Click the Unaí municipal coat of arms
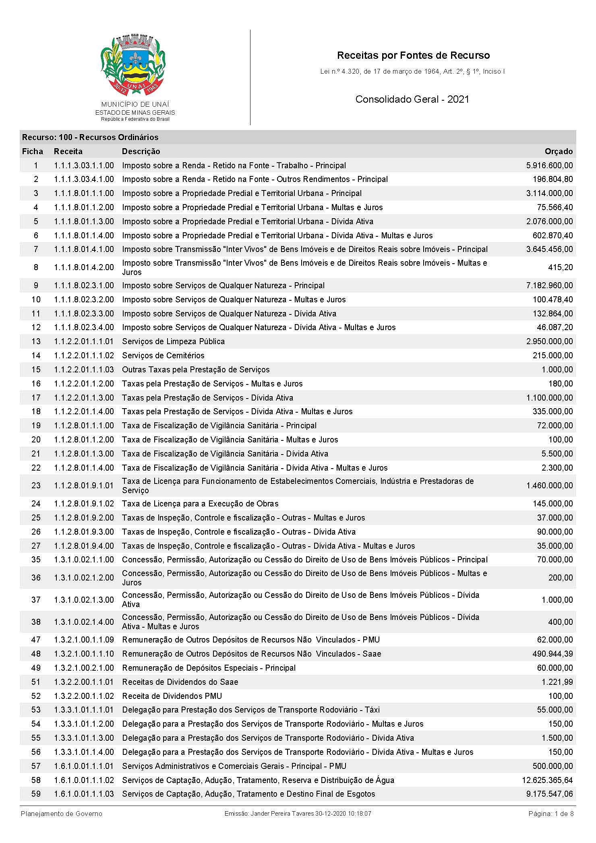[132, 64]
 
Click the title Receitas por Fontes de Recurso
[413, 55]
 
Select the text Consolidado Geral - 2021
[412, 99]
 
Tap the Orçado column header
[558, 151]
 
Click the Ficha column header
[33, 151]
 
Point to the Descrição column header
[141, 151]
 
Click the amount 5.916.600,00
[549, 165]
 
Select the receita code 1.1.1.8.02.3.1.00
[84, 285]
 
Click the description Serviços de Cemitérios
[163, 355]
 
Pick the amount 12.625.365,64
[547, 780]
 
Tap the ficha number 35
[36, 560]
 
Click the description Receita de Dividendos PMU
[172, 696]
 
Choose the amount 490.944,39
[553, 654]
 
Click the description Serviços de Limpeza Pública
[173, 341]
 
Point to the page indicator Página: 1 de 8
[551, 814]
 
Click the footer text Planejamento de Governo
[62, 814]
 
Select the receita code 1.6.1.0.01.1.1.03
[84, 794]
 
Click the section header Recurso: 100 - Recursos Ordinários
[90, 137]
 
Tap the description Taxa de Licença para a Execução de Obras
[200, 504]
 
